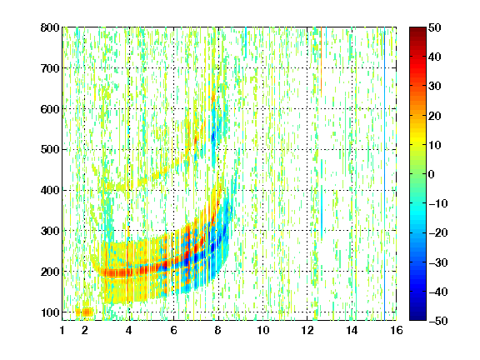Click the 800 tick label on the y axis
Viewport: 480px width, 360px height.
point(50,27)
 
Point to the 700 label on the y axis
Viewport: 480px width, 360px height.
point(50,68)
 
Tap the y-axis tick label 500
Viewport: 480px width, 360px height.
point(50,150)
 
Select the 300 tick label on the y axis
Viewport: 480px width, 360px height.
point(50,231)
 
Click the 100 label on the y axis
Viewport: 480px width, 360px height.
point(50,312)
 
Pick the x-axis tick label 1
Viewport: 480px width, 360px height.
point(62,330)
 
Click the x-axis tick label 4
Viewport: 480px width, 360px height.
point(129,330)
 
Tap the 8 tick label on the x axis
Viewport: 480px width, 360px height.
point(217,330)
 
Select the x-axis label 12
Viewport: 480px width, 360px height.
point(307,330)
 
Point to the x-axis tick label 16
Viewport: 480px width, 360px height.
point(397,330)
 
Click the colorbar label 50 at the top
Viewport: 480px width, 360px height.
point(434,27)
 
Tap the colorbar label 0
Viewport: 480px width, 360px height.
point(432,174)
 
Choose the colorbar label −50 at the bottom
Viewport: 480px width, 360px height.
point(438,321)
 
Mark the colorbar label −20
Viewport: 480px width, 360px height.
point(438,232)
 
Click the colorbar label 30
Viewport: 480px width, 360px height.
point(434,86)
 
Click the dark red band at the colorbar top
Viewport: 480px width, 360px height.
point(417,32)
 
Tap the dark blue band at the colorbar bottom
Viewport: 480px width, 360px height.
point(417,315)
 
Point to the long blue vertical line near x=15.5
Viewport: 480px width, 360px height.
point(384,174)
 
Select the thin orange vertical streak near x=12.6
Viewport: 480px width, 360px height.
point(321,61)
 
